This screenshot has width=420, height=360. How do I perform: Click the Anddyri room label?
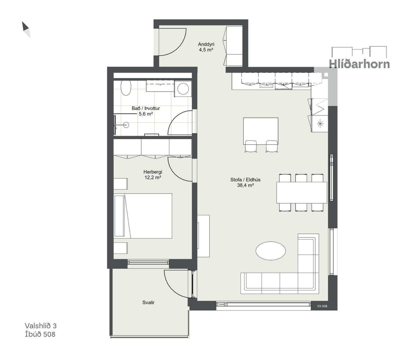point(206,44)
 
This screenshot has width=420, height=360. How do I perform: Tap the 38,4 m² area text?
point(245,185)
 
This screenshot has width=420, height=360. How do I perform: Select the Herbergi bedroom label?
point(153,172)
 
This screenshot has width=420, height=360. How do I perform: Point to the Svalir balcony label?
point(148,302)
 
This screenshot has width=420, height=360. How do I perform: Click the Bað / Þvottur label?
point(146,108)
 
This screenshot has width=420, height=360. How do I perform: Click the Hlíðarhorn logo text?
point(359,64)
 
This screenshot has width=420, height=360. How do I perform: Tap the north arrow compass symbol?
point(26,29)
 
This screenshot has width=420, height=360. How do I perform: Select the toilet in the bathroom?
point(126,88)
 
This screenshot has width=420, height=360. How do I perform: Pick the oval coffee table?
point(271,251)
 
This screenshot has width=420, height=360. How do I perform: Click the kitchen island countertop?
point(261,131)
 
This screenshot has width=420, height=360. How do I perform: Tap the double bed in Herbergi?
point(143,216)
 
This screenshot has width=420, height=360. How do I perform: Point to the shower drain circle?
point(126,125)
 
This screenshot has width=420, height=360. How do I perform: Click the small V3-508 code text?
point(322,306)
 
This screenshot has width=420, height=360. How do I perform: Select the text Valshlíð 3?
point(40,326)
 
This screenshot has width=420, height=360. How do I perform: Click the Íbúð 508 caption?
point(40,334)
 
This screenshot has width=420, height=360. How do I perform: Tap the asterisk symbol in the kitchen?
point(320,124)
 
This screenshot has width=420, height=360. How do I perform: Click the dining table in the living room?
point(301,193)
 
